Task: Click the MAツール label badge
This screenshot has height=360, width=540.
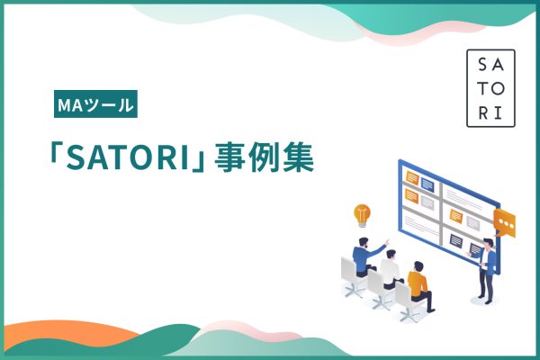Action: tap(95, 103)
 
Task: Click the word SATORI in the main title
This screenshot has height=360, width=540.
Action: tap(128, 158)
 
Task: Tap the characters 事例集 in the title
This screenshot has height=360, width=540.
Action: tap(264, 157)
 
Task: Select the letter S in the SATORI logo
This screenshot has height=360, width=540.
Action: tap(482, 65)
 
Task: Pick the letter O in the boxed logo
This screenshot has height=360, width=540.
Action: tap(499, 88)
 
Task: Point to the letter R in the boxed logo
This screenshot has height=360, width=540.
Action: tap(483, 113)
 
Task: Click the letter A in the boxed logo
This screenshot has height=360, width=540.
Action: tap(498, 65)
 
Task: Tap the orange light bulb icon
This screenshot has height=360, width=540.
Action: tap(362, 216)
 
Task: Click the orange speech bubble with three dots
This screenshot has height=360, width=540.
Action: tap(505, 223)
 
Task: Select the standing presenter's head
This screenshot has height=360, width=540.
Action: tap(489, 244)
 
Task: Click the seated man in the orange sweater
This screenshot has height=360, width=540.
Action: tap(419, 285)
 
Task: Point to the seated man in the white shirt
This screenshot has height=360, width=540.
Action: tap(391, 269)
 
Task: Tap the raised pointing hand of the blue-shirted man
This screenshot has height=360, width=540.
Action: tap(387, 242)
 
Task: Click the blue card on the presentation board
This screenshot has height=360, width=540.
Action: tap(427, 184)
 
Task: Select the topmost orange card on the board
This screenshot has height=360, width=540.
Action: tap(412, 177)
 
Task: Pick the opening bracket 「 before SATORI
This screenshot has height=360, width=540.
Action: tap(55, 155)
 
